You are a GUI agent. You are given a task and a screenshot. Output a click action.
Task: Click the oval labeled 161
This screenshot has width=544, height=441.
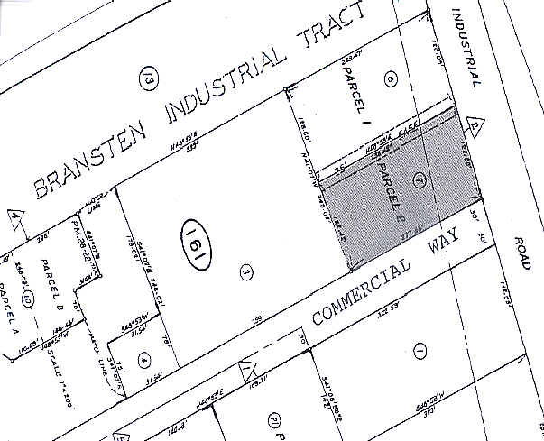coord(190,239)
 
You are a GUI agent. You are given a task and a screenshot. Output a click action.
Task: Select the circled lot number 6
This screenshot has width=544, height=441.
coord(391,79)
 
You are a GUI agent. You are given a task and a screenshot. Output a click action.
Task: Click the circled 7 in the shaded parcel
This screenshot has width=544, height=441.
coord(418,175)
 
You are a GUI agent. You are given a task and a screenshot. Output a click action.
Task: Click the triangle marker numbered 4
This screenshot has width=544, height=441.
coord(15,216)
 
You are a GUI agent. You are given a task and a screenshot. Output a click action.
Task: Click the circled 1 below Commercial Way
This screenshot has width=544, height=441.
coord(418,350)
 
